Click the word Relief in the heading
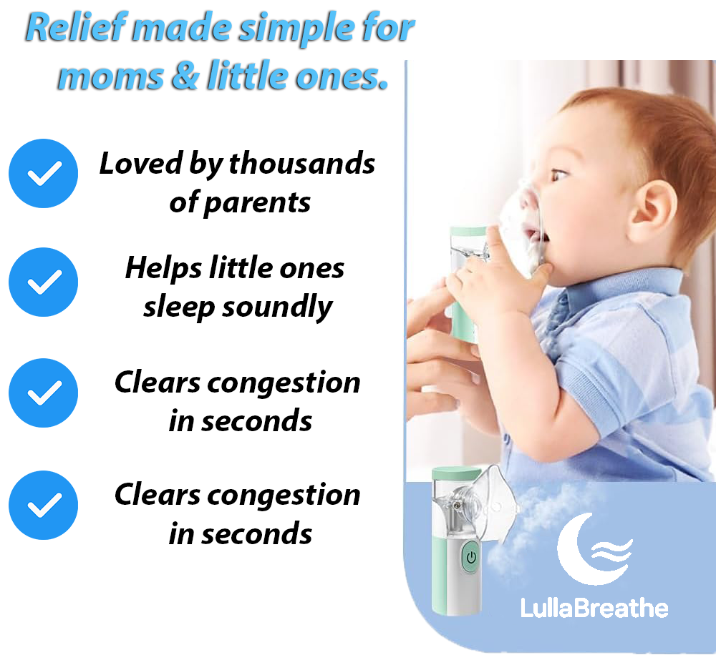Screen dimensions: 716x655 click(x=76, y=27)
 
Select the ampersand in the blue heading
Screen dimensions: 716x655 click(x=185, y=75)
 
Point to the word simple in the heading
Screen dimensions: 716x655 click(x=297, y=29)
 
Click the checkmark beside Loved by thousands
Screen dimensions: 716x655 click(x=44, y=173)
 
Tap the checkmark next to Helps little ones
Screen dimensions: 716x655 click(x=44, y=282)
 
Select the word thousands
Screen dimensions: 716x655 click(x=302, y=163)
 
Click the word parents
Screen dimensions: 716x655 click(x=256, y=203)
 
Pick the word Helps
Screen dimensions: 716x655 click(x=163, y=269)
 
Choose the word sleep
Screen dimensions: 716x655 click(x=178, y=308)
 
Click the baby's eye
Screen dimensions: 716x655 click(x=560, y=175)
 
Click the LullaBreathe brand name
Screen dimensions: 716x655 click(x=594, y=609)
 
